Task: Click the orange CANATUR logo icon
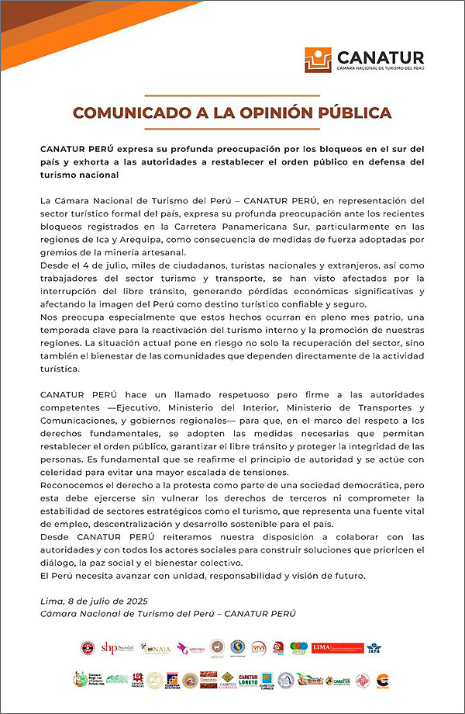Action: [318, 60]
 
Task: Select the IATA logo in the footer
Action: [374, 646]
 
